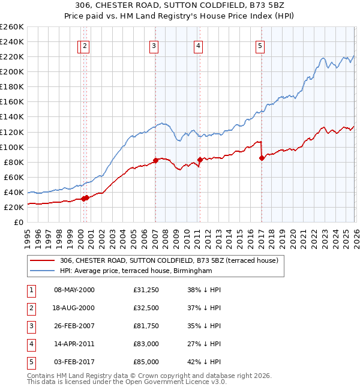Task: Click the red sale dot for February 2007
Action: [x=155, y=160]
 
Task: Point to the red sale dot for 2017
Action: [x=262, y=158]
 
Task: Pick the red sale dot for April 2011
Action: [x=199, y=160]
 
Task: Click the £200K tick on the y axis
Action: [x=11, y=71]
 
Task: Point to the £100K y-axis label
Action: [x=11, y=147]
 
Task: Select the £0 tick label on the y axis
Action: [x=17, y=222]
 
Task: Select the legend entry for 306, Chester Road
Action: [x=169, y=261]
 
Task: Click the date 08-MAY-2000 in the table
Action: [x=74, y=290]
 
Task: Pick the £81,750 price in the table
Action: [x=146, y=326]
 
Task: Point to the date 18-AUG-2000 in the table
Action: [x=74, y=308]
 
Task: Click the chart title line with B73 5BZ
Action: [x=180, y=5]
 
